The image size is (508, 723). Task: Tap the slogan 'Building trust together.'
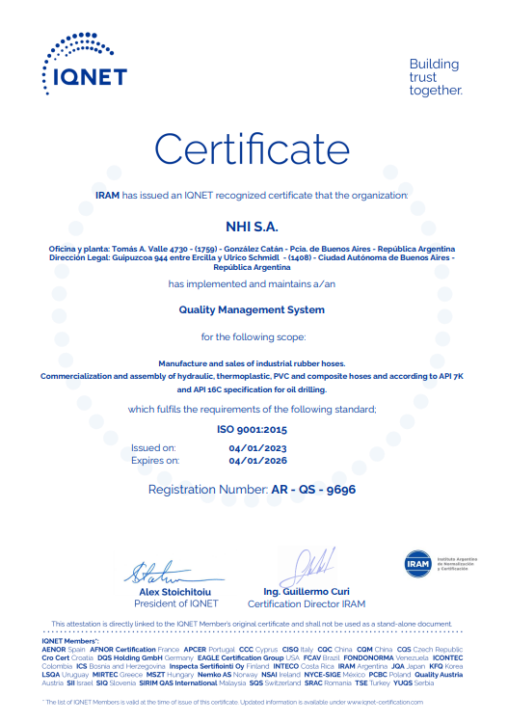click(x=435, y=77)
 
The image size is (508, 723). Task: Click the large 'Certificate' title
click(x=253, y=149)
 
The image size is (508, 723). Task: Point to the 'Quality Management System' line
click(x=253, y=309)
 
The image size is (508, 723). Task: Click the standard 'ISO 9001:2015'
click(x=253, y=429)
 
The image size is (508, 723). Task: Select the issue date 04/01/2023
click(x=257, y=448)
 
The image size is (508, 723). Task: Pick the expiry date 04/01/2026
click(x=257, y=461)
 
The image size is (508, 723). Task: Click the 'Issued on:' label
click(x=153, y=448)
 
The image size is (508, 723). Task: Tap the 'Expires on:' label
click(x=155, y=461)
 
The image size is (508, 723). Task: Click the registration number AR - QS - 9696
click(x=313, y=490)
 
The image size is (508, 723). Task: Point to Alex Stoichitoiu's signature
click(x=164, y=571)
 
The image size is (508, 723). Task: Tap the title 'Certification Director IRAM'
click(x=307, y=604)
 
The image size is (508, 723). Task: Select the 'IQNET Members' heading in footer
click(x=70, y=640)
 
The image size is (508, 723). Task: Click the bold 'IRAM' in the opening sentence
click(x=107, y=195)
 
